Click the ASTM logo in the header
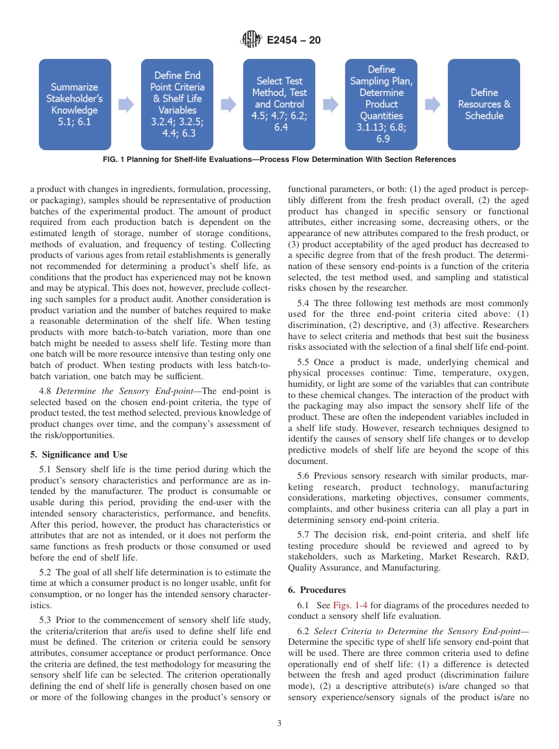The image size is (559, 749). pyautogui.click(x=251, y=40)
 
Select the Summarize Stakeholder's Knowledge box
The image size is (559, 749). pyautogui.click(x=75, y=104)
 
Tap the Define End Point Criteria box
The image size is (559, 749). pyautogui.click(x=177, y=104)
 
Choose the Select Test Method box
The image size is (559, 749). pyautogui.click(x=279, y=104)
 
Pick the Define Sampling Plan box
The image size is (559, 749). pyautogui.click(x=381, y=104)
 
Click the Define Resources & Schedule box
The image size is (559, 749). pyautogui.click(x=484, y=104)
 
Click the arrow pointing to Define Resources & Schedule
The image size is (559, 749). pyautogui.click(x=432, y=105)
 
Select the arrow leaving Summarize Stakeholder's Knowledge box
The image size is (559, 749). pyautogui.click(x=126, y=105)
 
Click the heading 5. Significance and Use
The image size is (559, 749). pyautogui.click(x=79, y=455)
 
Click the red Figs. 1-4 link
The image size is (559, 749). pyautogui.click(x=350, y=605)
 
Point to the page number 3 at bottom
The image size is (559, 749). pyautogui.click(x=279, y=724)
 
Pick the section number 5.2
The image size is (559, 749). pyautogui.click(x=46, y=572)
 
